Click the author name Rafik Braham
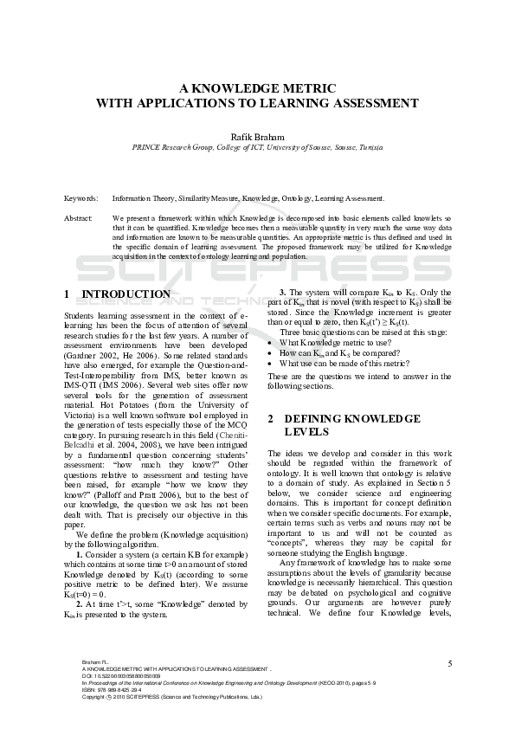pyautogui.click(x=257, y=136)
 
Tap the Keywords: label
pyautogui.click(x=81, y=198)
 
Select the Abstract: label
pyautogui.click(x=79, y=218)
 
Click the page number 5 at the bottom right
pyautogui.click(x=450, y=663)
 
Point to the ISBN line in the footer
pyautogui.click(x=113, y=689)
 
